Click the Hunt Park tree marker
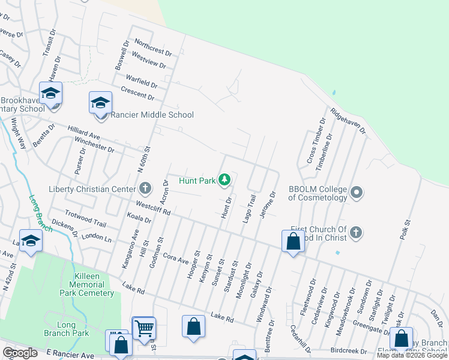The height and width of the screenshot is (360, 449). [224, 179]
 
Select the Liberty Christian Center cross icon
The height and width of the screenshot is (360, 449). [145, 189]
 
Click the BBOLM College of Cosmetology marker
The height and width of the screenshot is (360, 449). [357, 193]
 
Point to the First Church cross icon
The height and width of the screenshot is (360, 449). [356, 232]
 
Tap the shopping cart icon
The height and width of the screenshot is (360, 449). [144, 329]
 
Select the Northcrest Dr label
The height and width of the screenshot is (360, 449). [153, 47]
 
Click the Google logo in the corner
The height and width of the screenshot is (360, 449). [20, 353]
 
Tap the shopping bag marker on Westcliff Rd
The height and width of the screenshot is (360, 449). [293, 242]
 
